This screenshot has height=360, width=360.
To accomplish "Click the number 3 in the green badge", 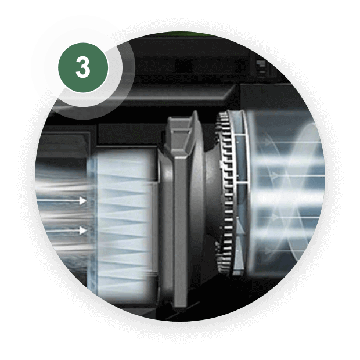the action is (x=83, y=67).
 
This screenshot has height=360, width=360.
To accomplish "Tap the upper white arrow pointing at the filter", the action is (x=62, y=201).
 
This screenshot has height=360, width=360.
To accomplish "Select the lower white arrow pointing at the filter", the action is (x=66, y=231).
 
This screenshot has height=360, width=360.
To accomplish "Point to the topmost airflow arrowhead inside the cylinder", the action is (x=267, y=142).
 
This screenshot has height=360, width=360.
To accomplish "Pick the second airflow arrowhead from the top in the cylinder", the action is (x=275, y=176).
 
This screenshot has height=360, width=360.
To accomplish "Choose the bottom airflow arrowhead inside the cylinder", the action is (x=267, y=250).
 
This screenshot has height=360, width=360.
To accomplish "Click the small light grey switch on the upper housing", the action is (x=261, y=67).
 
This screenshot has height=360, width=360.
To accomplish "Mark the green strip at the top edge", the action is (x=183, y=34).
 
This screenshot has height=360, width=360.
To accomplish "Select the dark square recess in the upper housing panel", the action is (x=183, y=66).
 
